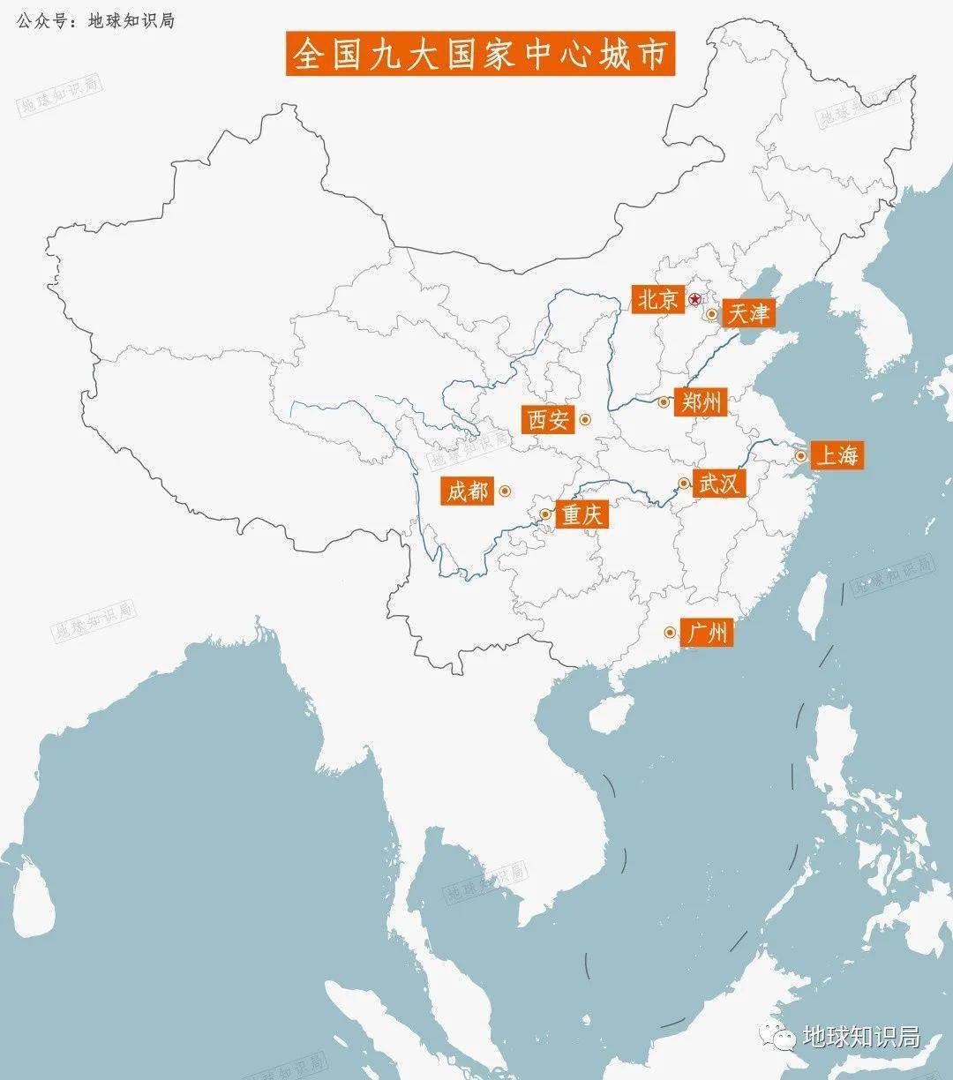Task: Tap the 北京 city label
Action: pos(657,300)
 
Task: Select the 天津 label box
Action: pos(746,313)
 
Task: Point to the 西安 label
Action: pos(549,420)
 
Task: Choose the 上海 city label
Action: pos(836,455)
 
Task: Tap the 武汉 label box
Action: pos(719,484)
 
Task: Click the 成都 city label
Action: pos(467,491)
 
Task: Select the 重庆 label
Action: pos(581,514)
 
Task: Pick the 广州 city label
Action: pos(707,633)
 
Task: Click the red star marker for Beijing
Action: pos(695,299)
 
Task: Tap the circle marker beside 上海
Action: pos(800,456)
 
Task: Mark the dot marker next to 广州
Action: pos(670,633)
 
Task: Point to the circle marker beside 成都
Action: pos(504,491)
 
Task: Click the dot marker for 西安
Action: pos(584,421)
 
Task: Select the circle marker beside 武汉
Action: pos(683,483)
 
